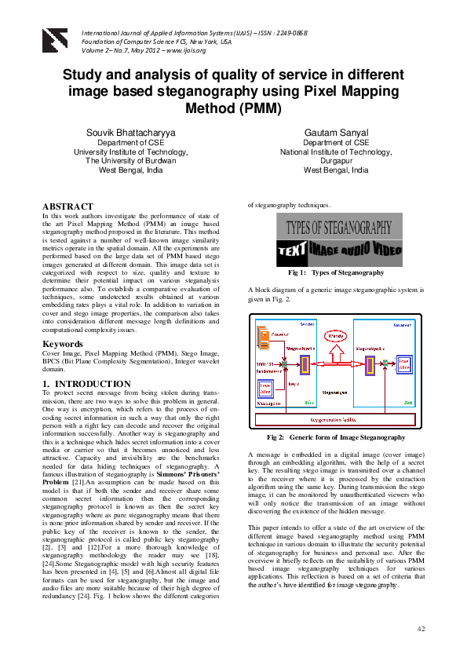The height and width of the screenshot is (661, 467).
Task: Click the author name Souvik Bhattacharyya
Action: [x=130, y=133]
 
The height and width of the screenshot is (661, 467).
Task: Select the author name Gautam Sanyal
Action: [x=337, y=133]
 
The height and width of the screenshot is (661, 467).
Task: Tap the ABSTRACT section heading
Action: [x=67, y=206]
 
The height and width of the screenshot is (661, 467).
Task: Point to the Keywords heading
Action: [x=64, y=344]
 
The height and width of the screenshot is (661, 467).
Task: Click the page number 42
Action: [x=421, y=630]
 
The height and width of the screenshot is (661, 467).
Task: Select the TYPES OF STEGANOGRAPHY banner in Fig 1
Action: [x=338, y=228]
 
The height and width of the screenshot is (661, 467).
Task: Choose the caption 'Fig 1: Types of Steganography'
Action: [x=335, y=272]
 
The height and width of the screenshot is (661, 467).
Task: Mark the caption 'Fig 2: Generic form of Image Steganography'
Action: [x=336, y=437]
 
